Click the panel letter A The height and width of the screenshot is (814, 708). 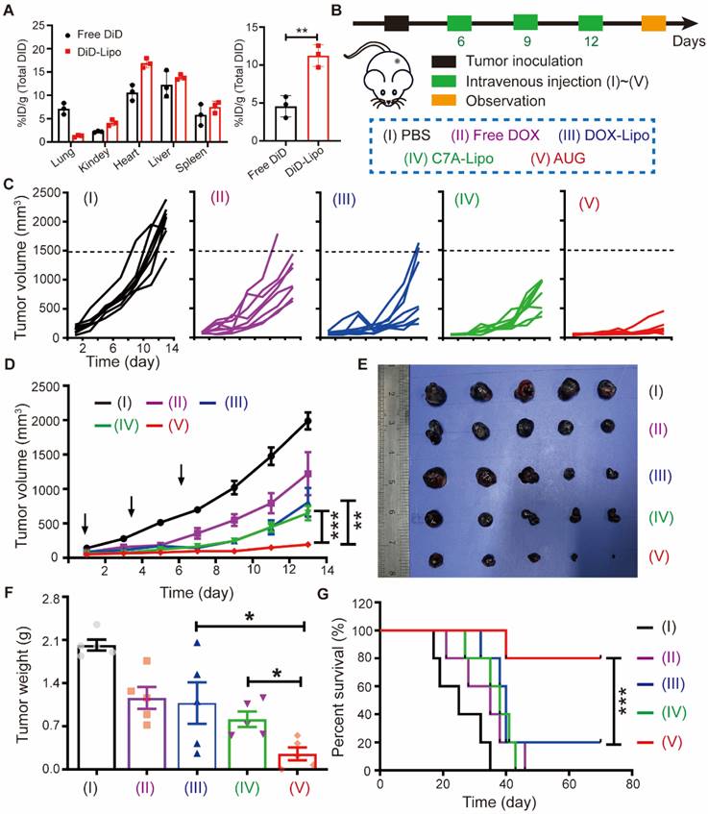(11, 9)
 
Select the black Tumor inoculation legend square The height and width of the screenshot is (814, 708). (446, 63)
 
